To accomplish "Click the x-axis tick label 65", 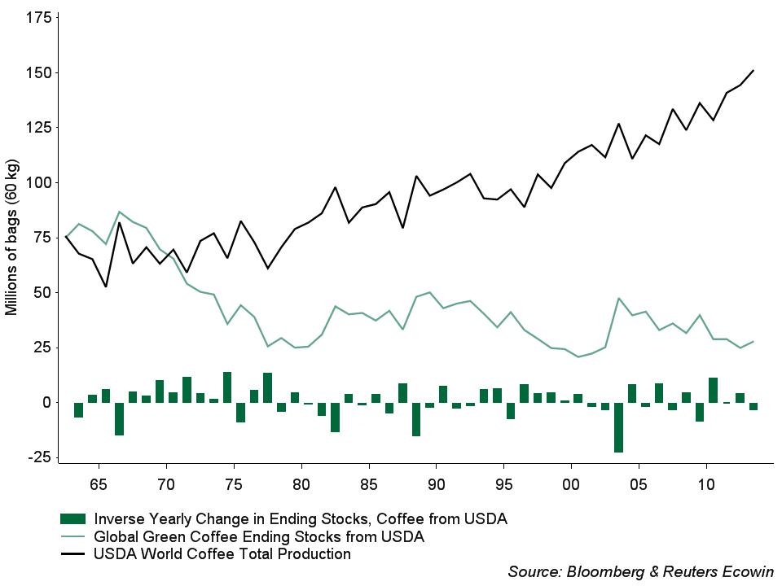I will tap(99, 486).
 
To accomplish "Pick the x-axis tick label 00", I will tap(571, 486).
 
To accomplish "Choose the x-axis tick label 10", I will tap(706, 486).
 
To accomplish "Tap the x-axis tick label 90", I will tap(436, 486).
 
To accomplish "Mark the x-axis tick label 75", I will tap(234, 486).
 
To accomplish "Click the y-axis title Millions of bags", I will tap(12, 244).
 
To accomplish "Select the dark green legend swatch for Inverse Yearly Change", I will tap(72, 518).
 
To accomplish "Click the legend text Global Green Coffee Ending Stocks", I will tap(259, 536).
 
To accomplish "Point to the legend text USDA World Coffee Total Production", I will tap(222, 554).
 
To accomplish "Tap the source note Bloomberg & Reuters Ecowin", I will tap(640, 571).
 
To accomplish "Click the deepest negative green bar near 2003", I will tap(618, 427).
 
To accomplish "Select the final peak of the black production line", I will tap(753, 70).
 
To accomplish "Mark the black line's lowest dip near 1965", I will tap(106, 286).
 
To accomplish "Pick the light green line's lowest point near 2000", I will tap(578, 356).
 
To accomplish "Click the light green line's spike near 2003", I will tap(619, 299).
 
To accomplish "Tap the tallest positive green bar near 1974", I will tap(227, 387).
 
